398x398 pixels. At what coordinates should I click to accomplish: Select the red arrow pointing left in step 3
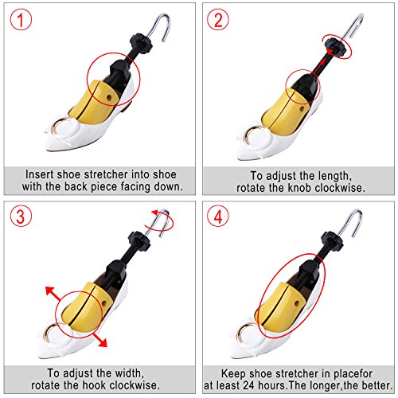click(x=51, y=291)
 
